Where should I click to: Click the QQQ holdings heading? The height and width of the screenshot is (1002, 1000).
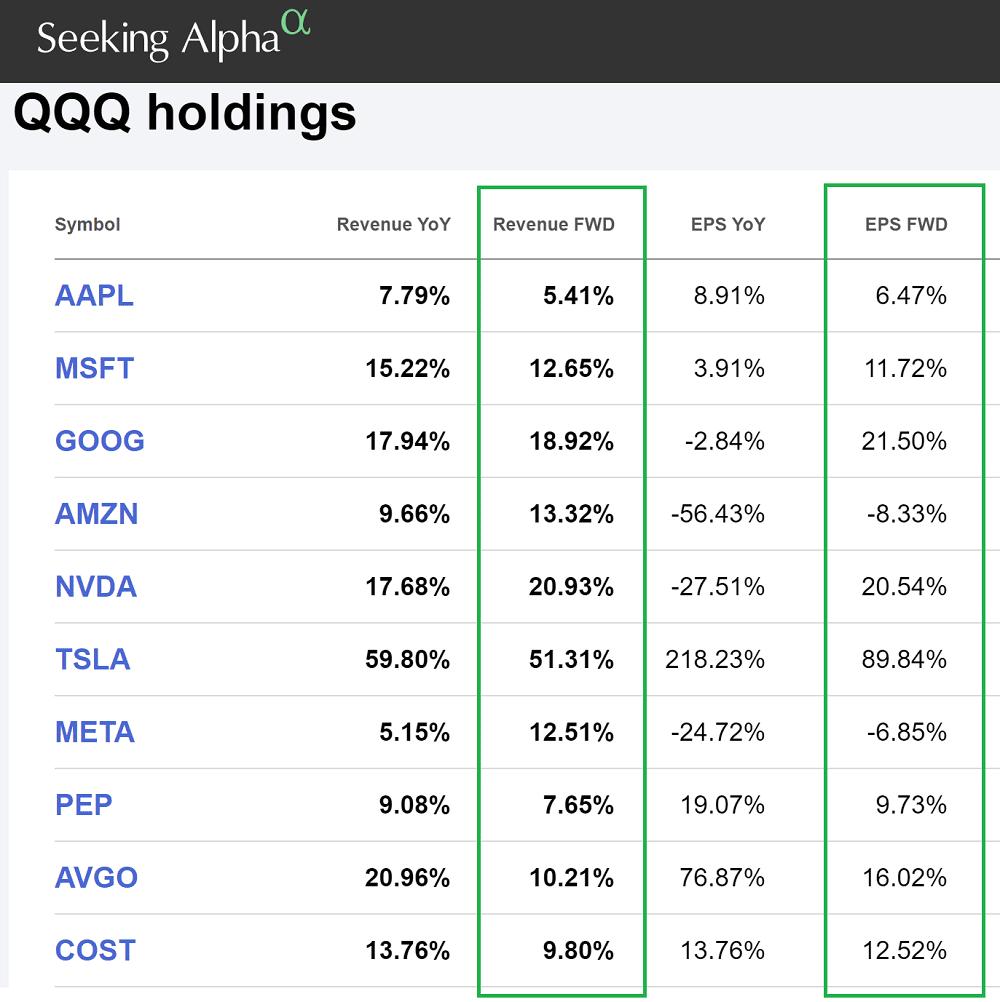click(185, 113)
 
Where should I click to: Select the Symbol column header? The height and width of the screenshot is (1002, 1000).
click(87, 225)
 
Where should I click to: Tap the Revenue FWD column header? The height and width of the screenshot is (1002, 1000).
click(553, 225)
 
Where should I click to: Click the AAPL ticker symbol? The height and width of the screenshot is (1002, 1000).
click(94, 296)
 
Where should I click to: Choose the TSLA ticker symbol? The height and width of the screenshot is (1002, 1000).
click(93, 660)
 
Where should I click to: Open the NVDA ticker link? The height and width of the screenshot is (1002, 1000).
click(96, 587)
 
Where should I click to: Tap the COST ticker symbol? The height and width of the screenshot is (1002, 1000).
click(95, 951)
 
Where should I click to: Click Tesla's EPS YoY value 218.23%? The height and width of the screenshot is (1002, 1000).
click(714, 660)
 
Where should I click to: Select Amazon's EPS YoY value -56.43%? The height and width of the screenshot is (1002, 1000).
click(717, 514)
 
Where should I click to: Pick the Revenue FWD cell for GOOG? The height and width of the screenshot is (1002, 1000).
click(571, 441)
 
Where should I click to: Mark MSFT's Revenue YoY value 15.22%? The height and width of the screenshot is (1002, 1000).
click(407, 369)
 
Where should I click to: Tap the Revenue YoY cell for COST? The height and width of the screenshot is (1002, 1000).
click(407, 951)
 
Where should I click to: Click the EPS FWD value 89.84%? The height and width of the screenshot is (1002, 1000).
click(904, 660)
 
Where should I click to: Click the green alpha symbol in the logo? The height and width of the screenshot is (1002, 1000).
click(295, 22)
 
